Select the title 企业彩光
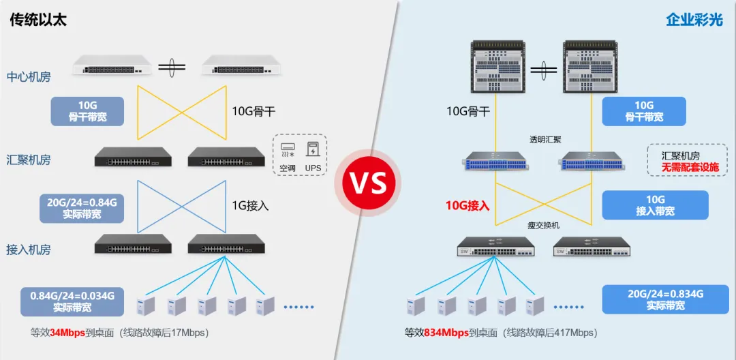[x=694, y=20]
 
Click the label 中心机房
[x=29, y=78]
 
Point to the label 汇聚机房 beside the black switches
[x=29, y=160]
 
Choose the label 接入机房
[x=29, y=248]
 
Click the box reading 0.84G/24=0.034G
[x=72, y=301]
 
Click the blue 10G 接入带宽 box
[x=656, y=205]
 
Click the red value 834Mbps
[x=446, y=333]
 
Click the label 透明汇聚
[x=545, y=139]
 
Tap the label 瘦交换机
[x=544, y=226]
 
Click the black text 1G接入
[x=251, y=205]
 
